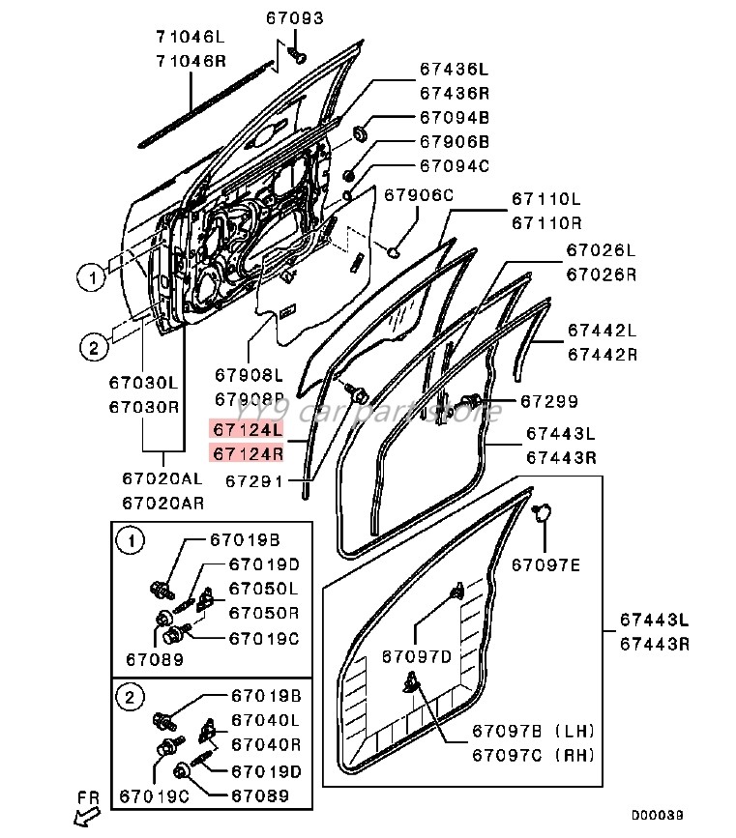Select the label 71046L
pyautogui.click(x=190, y=38)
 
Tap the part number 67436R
pyautogui.click(x=454, y=94)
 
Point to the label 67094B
pyautogui.click(x=454, y=118)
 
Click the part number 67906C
pyautogui.click(x=418, y=195)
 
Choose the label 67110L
pyautogui.click(x=546, y=200)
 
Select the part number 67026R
pyautogui.click(x=601, y=274)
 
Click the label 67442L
pyautogui.click(x=602, y=331)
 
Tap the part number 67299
pyautogui.click(x=548, y=400)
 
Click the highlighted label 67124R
pyautogui.click(x=249, y=453)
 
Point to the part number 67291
pyautogui.click(x=254, y=478)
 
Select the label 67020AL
pyautogui.click(x=162, y=478)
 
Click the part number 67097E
pyautogui.click(x=545, y=564)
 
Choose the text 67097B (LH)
pyautogui.click(x=533, y=730)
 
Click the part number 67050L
pyautogui.click(x=263, y=589)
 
